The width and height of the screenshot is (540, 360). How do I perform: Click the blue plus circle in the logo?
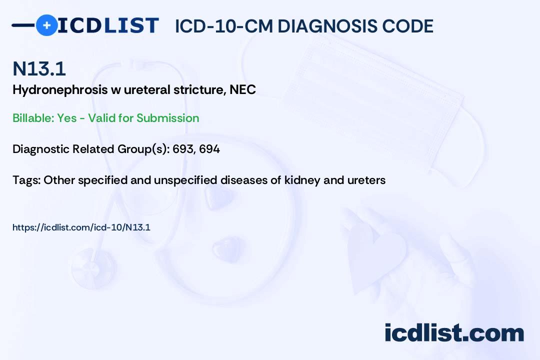46,25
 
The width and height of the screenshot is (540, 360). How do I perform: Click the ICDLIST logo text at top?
108,25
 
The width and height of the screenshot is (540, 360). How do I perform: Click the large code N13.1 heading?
39,68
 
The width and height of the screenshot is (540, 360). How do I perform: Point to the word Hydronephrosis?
60,90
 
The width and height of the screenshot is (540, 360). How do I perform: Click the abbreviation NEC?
243,89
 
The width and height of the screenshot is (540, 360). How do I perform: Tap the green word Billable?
33,118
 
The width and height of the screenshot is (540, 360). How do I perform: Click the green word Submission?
167,118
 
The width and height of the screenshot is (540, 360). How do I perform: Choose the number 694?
209,149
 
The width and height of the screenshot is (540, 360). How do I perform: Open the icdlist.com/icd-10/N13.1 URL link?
81,227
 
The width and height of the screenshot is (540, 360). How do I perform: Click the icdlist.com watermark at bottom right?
454,333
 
